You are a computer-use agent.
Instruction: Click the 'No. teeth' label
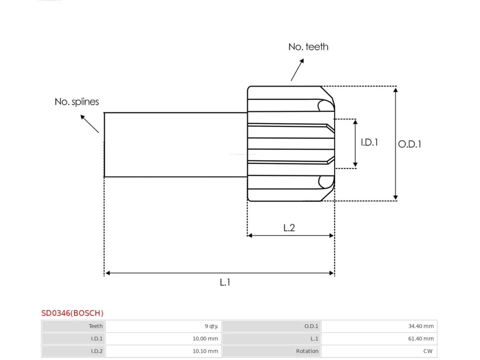[308, 47]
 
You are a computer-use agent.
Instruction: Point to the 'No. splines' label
[76, 102]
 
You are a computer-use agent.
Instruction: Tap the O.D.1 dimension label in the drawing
[409, 144]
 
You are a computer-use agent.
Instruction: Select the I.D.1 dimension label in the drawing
[369, 142]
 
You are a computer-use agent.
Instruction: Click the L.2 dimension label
[289, 228]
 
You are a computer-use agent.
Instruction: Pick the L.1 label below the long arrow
[225, 282]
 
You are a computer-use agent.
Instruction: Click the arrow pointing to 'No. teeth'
[297, 70]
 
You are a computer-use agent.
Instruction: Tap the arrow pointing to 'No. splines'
[90, 124]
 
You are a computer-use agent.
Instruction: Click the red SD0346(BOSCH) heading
[72, 313]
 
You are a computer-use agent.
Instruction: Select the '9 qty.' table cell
[211, 326]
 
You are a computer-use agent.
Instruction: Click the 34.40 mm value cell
[421, 326]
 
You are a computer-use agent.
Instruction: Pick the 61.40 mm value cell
[421, 339]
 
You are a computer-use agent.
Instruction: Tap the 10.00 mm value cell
[205, 339]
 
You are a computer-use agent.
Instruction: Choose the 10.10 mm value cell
[205, 351]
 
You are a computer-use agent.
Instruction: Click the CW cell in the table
[427, 351]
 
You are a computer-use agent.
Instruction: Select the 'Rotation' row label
[307, 351]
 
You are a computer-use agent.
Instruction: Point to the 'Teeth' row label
[96, 326]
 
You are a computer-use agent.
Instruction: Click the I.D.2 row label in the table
[97, 351]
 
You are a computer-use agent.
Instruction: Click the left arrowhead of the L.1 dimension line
[107, 273]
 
